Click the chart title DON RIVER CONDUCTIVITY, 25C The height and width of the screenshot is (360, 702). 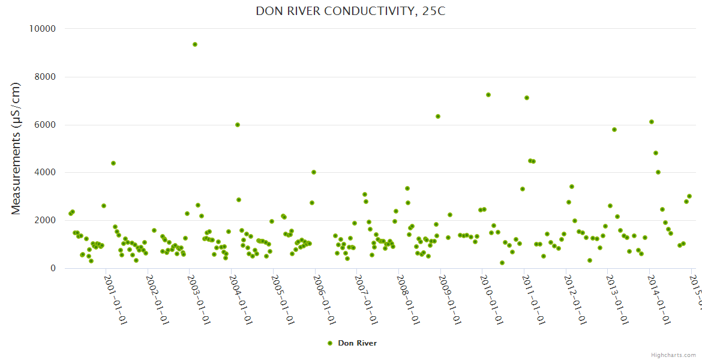pos(350,11)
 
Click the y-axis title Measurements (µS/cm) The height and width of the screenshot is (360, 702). pos(16,148)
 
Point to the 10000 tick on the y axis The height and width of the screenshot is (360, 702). pos(43,29)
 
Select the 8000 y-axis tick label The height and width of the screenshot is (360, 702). pos(46,77)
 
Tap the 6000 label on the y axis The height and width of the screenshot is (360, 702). pos(46,125)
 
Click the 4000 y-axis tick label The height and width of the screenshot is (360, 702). pos(46,173)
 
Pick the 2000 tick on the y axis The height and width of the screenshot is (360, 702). pos(46,221)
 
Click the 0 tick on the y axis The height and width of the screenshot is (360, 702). pos(53,269)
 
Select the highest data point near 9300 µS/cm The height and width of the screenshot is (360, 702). pos(195,44)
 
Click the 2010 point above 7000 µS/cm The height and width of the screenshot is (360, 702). pos(488,95)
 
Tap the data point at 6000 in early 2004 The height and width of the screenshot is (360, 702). pos(238,125)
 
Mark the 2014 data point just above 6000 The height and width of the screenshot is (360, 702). pos(652,122)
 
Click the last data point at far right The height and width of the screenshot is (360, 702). pos(689,196)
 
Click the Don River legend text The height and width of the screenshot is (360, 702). pos(357,343)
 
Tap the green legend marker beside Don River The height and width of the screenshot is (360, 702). pos(329,343)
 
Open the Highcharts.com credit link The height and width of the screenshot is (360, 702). pos(673,355)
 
